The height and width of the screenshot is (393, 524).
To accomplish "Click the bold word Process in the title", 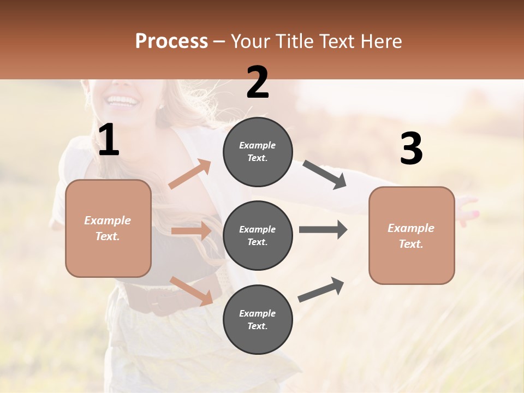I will click(x=171, y=41).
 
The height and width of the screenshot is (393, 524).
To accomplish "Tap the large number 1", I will click(x=109, y=140).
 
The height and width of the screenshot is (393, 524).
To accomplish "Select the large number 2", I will click(x=258, y=82).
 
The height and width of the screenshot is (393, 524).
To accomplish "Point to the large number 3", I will click(x=411, y=149).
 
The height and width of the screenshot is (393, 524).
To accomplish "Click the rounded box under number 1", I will click(x=108, y=228).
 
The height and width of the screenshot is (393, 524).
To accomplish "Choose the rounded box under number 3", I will click(x=412, y=236).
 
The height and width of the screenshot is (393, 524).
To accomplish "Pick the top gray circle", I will click(x=258, y=152).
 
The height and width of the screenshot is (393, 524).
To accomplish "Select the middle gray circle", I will click(x=258, y=235).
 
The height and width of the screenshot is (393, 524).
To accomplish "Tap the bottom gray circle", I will click(x=258, y=319).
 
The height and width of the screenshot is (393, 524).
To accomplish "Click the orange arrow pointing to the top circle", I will click(x=190, y=174).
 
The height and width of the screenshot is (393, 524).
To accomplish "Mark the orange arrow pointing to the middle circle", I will click(x=191, y=231).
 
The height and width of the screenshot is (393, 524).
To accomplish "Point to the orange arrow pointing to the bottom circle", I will click(x=191, y=290).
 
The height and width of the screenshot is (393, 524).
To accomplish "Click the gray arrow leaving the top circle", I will click(x=325, y=175).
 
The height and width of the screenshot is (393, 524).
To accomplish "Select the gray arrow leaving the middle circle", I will click(x=323, y=229).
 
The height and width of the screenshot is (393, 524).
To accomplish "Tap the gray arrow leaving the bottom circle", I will click(x=321, y=289).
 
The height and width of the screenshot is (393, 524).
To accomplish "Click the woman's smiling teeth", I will click(x=123, y=100).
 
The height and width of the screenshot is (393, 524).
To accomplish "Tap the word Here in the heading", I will click(x=382, y=41).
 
